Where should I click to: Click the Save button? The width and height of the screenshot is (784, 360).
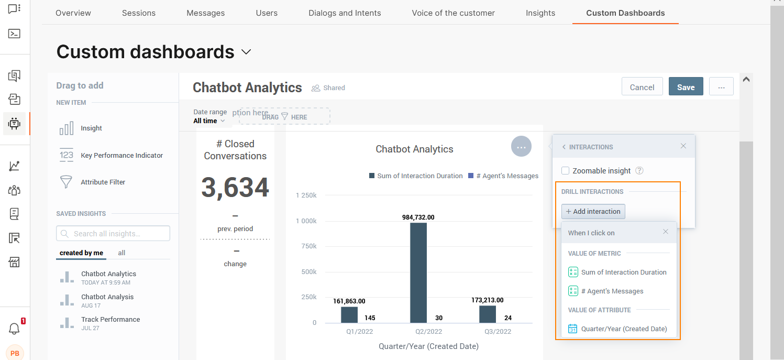(x=686, y=87)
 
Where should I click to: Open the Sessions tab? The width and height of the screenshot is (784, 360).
(x=139, y=13)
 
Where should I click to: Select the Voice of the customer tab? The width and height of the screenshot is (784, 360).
(x=453, y=13)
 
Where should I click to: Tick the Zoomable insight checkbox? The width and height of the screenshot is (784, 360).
(x=566, y=171)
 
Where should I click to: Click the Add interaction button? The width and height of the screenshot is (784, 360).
(x=593, y=212)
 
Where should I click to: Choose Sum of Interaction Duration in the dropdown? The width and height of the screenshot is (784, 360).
(x=623, y=272)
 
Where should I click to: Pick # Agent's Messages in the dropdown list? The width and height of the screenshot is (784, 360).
(x=612, y=291)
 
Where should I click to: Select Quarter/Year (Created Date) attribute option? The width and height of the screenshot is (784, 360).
(x=623, y=329)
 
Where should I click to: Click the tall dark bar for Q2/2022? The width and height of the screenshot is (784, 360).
(x=418, y=272)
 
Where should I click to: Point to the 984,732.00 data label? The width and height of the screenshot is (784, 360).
(x=418, y=217)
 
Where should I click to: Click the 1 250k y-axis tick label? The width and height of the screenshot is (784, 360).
(x=306, y=195)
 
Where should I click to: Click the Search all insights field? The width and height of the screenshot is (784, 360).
(x=113, y=234)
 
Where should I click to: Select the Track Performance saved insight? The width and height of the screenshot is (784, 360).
(x=111, y=320)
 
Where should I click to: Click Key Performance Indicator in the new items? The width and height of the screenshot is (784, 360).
(x=122, y=156)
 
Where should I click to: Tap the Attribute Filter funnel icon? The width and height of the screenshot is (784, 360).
(x=67, y=182)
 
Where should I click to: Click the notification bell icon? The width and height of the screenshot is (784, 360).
(x=14, y=329)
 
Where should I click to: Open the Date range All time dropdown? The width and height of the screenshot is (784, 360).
(x=209, y=121)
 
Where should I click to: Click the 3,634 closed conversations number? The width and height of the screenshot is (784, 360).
(x=235, y=188)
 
